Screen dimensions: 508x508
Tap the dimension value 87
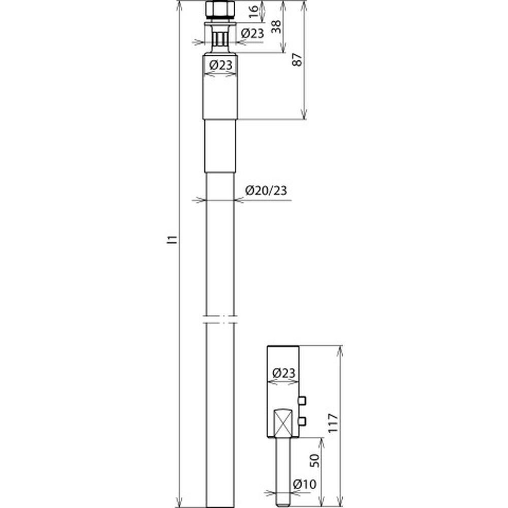[297, 59]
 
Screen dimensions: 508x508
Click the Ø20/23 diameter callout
[266, 190]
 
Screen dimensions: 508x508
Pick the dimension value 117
[333, 422]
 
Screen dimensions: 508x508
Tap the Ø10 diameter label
[304, 484]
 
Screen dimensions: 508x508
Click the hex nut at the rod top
[220, 11]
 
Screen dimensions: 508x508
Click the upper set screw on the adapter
[302, 401]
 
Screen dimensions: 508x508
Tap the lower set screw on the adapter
[302, 421]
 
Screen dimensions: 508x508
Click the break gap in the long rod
[220, 319]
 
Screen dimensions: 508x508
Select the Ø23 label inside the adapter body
[284, 373]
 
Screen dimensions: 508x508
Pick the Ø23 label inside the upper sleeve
[221, 65]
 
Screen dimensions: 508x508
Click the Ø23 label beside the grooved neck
[252, 33]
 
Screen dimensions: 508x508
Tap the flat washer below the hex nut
[220, 24]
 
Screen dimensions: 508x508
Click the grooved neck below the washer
[220, 39]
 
